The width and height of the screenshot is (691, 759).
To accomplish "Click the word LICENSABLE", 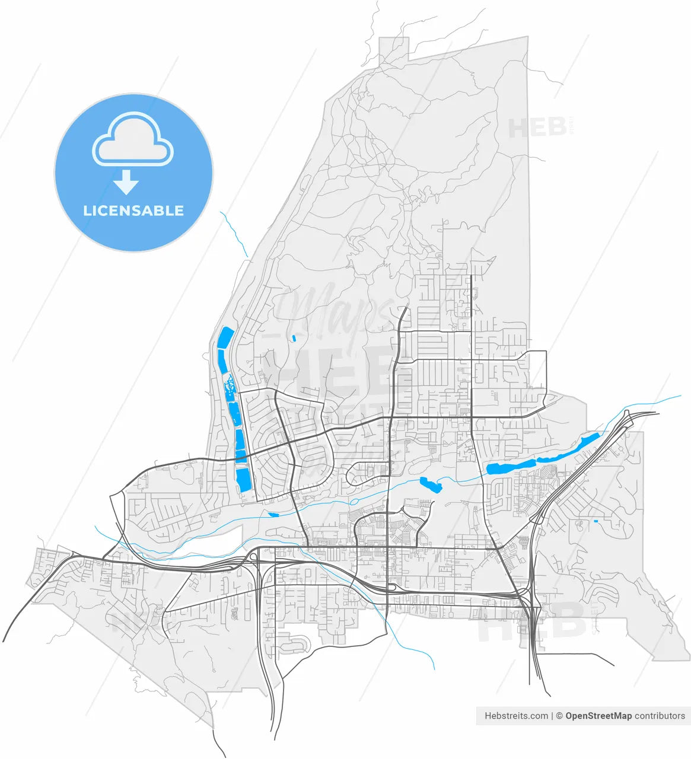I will (x=133, y=211).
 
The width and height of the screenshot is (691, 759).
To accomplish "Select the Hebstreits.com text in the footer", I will (x=516, y=716).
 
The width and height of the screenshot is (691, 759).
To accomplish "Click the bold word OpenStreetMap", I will (x=598, y=716).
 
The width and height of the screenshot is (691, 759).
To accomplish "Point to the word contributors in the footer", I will (x=660, y=716).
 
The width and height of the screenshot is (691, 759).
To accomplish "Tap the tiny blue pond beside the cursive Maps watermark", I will (x=294, y=338).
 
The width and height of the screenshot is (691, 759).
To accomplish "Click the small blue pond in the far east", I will (x=596, y=521).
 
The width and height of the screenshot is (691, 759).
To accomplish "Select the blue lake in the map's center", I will (x=431, y=484).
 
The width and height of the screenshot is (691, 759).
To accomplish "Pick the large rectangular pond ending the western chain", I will (x=243, y=479).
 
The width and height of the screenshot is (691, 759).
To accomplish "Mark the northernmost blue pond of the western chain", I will (x=225, y=337).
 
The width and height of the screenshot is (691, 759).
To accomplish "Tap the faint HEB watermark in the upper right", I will (x=537, y=127).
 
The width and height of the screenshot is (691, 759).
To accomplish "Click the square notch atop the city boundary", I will (x=394, y=47).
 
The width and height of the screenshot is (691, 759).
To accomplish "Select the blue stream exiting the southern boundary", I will (x=415, y=649).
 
